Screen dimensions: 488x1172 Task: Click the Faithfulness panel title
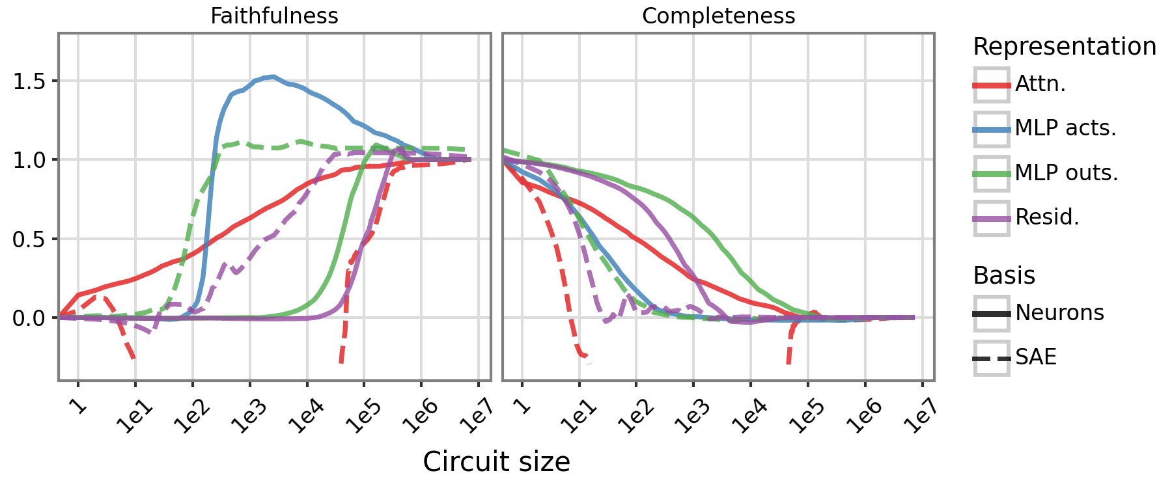click(274, 16)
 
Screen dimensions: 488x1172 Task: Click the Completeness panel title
click(718, 16)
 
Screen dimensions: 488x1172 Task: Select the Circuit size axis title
click(496, 462)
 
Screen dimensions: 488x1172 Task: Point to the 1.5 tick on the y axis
click(29, 81)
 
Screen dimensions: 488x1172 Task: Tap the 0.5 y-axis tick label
click(29, 239)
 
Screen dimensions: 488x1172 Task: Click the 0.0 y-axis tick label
click(29, 318)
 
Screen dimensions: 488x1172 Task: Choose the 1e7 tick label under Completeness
click(921, 417)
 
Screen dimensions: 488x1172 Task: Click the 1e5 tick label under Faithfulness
click(363, 417)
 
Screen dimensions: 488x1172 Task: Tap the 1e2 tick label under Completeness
click(635, 417)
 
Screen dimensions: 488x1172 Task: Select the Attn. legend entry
click(1040, 85)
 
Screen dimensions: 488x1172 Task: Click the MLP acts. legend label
click(1065, 128)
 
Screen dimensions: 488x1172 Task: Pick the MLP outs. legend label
click(1067, 172)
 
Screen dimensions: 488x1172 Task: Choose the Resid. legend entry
click(1047, 217)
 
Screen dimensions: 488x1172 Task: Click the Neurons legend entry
click(1059, 313)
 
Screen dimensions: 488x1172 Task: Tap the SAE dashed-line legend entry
click(1035, 357)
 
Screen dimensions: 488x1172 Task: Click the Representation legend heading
click(1064, 47)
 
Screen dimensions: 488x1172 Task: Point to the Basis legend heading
click(1003, 276)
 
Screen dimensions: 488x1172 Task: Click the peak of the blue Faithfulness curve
click(273, 76)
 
